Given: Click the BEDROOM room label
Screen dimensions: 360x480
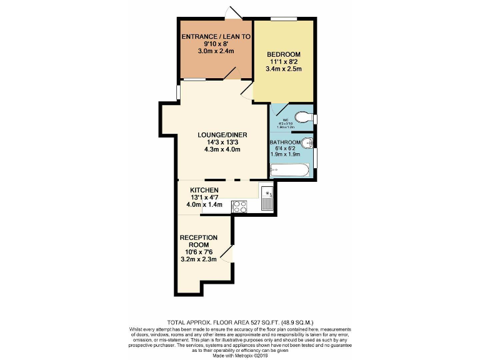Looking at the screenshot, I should click(283, 54).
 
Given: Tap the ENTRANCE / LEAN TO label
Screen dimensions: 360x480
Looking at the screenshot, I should click(216, 37).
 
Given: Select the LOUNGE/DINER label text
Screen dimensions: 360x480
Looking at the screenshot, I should click(214, 134).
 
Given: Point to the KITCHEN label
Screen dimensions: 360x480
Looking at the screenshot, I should click(204, 189).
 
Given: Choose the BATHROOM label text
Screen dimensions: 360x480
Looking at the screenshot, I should click(285, 142).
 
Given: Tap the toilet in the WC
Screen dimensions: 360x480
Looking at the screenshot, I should click(303, 117).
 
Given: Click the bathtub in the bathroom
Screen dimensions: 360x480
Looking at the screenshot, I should click(289, 169).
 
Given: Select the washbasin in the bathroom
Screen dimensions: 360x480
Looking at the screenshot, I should click(306, 142).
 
